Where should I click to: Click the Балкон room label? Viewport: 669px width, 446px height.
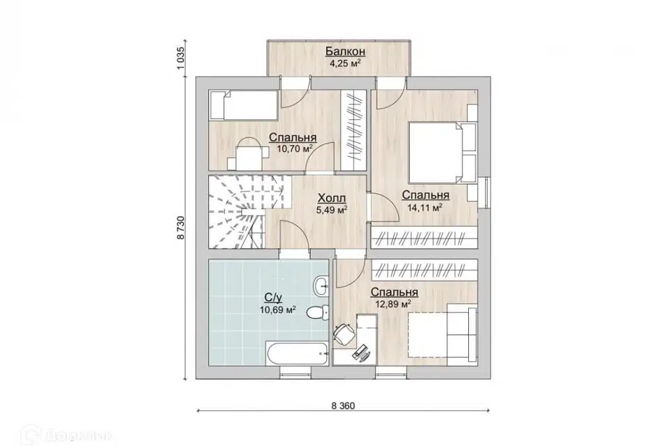(x=345, y=51)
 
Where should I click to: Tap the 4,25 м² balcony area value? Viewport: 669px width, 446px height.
(x=345, y=63)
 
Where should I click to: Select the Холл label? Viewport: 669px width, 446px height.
(x=332, y=198)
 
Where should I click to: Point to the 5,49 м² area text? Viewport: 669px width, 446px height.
(x=332, y=210)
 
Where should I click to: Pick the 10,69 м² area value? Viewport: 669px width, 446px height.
(x=278, y=309)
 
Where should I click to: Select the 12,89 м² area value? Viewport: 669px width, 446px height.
(x=393, y=304)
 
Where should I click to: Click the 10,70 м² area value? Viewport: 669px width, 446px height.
(x=294, y=149)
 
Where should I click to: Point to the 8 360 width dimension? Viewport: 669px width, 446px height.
(x=343, y=406)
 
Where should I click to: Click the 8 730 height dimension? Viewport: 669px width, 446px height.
(x=181, y=227)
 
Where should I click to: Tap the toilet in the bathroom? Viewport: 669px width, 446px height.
(x=318, y=312)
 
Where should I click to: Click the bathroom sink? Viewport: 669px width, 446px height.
(x=321, y=285)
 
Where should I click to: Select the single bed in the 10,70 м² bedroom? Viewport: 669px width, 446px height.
(x=244, y=105)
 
